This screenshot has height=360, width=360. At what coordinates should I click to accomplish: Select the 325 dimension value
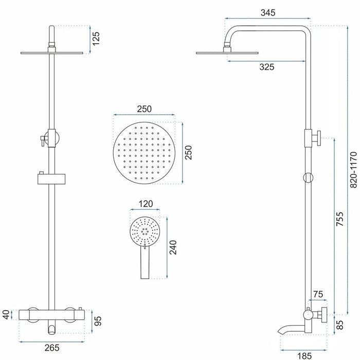coord(267,67)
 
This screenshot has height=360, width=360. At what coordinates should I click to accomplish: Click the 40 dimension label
coord(6,315)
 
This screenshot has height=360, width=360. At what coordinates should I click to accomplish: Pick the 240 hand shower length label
coord(173,247)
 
